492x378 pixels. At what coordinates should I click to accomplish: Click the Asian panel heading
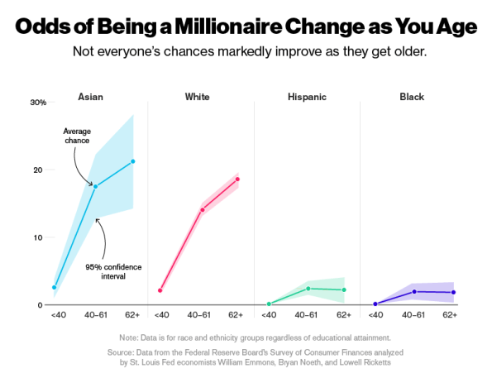90,97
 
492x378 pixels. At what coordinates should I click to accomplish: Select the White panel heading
198,97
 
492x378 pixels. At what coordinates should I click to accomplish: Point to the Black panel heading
411,97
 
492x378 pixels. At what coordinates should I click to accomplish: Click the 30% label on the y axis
38,103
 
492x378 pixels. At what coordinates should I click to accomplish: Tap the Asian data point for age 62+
133,161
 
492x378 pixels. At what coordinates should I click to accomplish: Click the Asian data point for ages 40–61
95,187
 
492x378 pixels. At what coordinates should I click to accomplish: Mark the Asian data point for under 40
55,288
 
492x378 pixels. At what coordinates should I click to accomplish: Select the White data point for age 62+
237,179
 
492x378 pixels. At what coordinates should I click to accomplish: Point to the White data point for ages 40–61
202,210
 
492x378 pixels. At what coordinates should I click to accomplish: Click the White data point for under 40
160,290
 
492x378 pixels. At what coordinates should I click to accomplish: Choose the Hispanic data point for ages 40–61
308,289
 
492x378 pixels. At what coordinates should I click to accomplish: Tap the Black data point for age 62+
453,292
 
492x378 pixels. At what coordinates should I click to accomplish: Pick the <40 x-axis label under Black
375,315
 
